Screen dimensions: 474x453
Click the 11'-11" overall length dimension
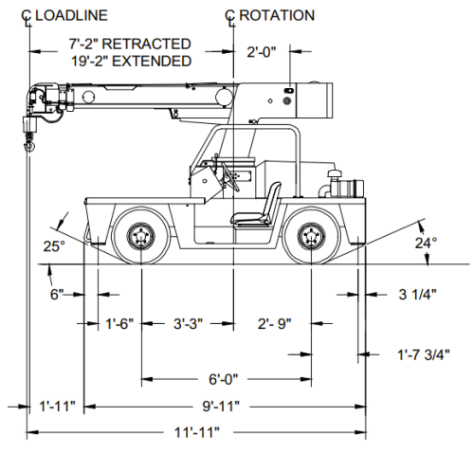pyautogui.click(x=196, y=432)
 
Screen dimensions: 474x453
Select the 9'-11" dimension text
pyautogui.click(x=221, y=406)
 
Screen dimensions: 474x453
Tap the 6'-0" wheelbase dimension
pyautogui.click(x=223, y=379)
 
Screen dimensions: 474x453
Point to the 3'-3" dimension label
pyautogui.click(x=188, y=323)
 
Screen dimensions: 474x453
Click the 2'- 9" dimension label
pyautogui.click(x=274, y=323)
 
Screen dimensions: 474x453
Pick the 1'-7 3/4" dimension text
pyautogui.click(x=423, y=354)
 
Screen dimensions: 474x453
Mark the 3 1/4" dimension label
pyautogui.click(x=417, y=294)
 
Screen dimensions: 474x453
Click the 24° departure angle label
pyautogui.click(x=426, y=243)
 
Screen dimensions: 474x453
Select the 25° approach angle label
pyautogui.click(x=54, y=246)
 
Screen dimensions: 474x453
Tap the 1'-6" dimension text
pyautogui.click(x=119, y=323)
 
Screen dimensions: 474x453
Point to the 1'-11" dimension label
pyautogui.click(x=57, y=406)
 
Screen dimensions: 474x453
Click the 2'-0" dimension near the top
pyautogui.click(x=262, y=52)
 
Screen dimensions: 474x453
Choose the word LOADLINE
pyautogui.click(x=71, y=15)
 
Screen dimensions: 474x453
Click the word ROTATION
pyautogui.click(x=277, y=15)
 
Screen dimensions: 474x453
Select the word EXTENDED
pyautogui.click(x=152, y=61)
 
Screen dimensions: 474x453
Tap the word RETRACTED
pyautogui.click(x=147, y=44)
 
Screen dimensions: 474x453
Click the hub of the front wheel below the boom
pyautogui.click(x=141, y=236)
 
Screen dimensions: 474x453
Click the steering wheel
pyautogui.click(x=229, y=175)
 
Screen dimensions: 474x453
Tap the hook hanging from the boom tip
pyautogui.click(x=30, y=146)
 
